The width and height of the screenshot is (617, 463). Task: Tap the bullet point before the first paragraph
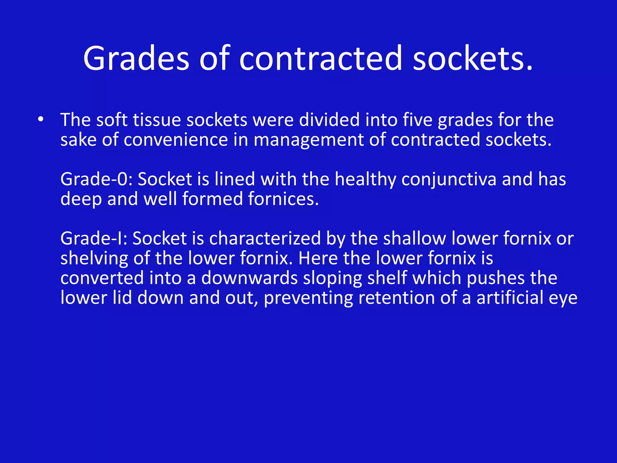[x=41, y=119]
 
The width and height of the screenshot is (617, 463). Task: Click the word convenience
[x=176, y=140]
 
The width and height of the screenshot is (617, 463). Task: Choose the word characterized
[x=265, y=238]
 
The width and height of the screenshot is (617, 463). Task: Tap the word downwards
[x=249, y=278]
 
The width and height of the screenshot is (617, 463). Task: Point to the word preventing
[x=308, y=298]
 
